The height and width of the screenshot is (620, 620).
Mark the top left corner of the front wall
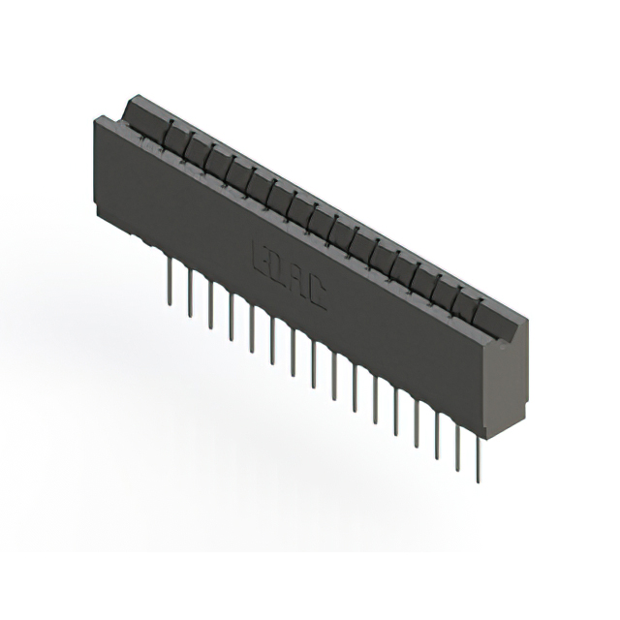pos(94,118)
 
